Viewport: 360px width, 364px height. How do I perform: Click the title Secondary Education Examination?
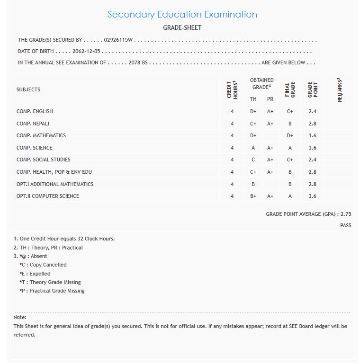click(182, 14)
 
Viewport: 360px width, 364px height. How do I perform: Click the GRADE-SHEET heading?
click(182, 27)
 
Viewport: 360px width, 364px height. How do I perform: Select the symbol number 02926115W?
click(118, 40)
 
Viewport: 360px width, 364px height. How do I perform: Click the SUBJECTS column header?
click(28, 89)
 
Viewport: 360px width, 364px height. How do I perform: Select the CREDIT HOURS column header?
click(232, 89)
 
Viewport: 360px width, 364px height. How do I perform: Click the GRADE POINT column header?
click(312, 89)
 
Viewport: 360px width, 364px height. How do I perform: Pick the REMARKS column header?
click(340, 89)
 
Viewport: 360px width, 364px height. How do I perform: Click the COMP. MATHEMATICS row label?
click(41, 135)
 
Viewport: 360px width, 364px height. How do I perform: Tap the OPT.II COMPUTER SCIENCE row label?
click(48, 196)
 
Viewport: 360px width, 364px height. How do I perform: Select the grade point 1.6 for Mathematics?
click(312, 135)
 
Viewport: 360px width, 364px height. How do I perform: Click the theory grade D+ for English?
click(253, 111)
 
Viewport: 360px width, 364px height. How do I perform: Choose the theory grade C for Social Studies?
click(253, 160)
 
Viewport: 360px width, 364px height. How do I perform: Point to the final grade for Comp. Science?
click(290, 148)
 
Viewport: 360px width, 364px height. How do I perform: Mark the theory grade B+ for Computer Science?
click(253, 196)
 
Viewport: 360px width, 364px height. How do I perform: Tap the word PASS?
click(345, 225)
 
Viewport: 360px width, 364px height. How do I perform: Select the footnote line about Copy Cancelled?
click(43, 265)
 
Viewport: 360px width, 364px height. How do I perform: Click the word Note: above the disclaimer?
click(20, 317)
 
